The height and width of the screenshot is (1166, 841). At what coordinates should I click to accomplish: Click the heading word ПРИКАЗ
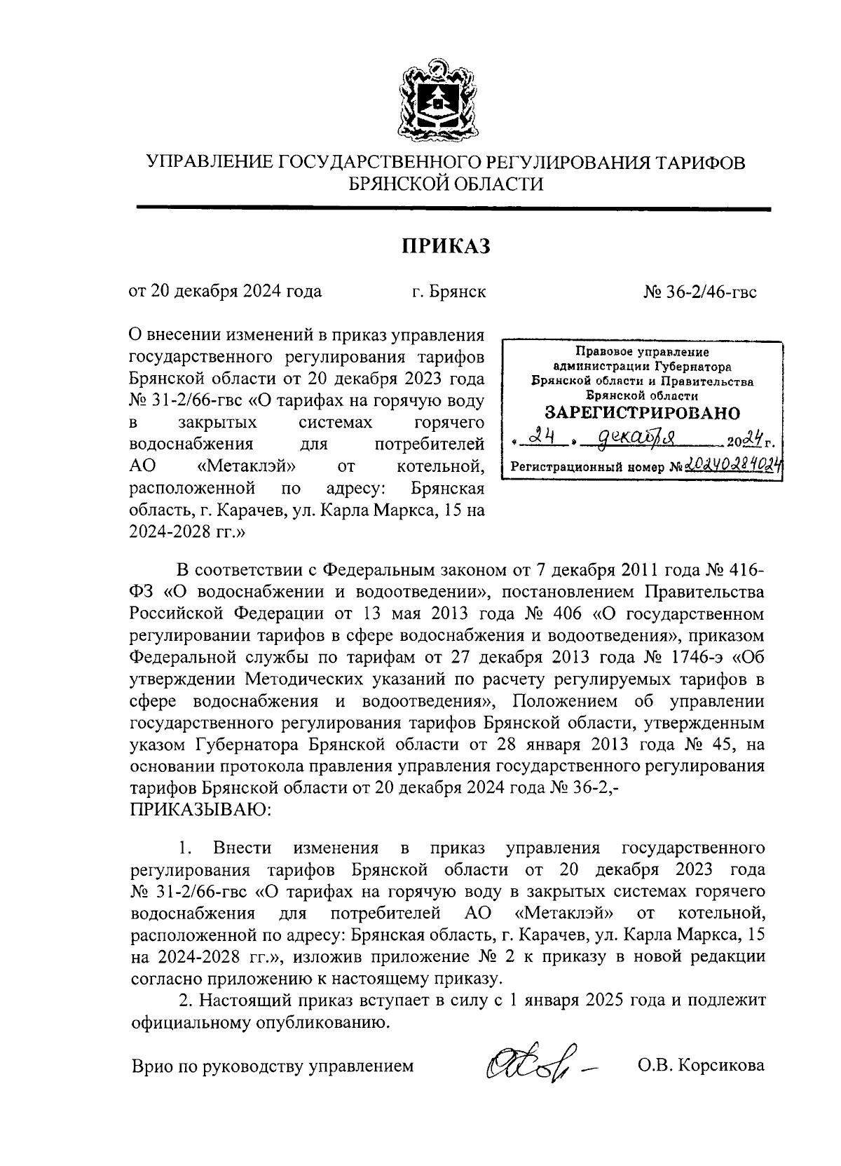click(x=445, y=247)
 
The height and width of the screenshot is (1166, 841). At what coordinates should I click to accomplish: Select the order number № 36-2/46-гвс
click(x=700, y=291)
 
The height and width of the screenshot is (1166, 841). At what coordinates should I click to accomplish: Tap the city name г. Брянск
click(x=449, y=291)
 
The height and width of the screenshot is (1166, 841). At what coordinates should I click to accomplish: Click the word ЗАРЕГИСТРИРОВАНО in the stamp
click(x=642, y=412)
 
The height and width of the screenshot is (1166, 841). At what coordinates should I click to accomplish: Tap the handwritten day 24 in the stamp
click(x=540, y=440)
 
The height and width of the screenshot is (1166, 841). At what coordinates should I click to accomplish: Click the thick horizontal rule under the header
click(x=453, y=208)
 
